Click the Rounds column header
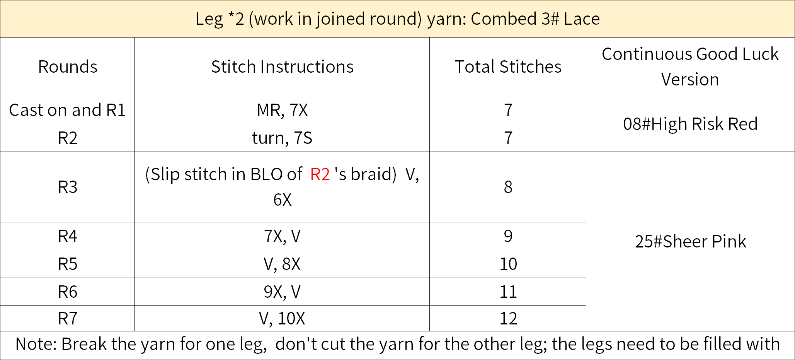[x=68, y=67]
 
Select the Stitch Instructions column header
[x=282, y=67]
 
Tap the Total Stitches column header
[x=508, y=67]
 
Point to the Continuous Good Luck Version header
[x=690, y=67]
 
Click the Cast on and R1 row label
[x=68, y=110]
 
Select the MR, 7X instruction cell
[x=282, y=110]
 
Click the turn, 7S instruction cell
[x=282, y=138]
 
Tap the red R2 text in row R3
[x=320, y=174]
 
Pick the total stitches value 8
[x=508, y=187]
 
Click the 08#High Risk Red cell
[x=690, y=124]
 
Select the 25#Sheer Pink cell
[x=690, y=242]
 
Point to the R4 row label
[x=68, y=236]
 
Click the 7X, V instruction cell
[x=282, y=236]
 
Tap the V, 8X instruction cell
[x=282, y=264]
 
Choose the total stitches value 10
[x=508, y=264]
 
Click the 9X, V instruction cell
[x=282, y=292]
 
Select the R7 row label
[x=68, y=319]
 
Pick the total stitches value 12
[x=508, y=319]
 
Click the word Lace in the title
[x=582, y=19]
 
